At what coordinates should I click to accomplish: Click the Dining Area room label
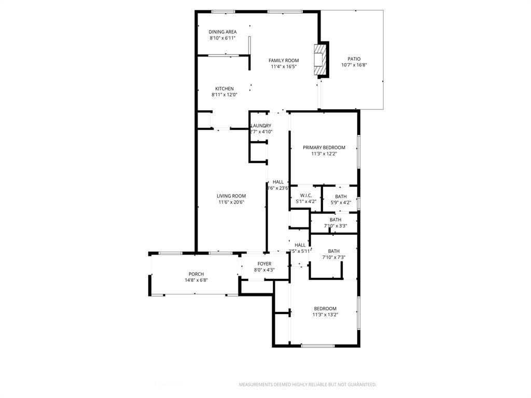point(222,32)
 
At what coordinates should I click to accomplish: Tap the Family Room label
point(284,61)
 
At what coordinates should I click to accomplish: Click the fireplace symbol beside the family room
point(321,60)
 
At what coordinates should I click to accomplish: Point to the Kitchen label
point(225,89)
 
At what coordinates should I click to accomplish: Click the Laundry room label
point(261,126)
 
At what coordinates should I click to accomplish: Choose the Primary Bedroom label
point(324,148)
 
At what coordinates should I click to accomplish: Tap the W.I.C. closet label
point(305,195)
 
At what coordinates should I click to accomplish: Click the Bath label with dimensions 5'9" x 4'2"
point(341,196)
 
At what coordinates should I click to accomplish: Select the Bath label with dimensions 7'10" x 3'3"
point(336,220)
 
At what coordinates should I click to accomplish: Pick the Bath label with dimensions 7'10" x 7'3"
point(334,251)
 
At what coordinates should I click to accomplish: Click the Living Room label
point(231,196)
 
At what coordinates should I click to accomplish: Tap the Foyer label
point(264,264)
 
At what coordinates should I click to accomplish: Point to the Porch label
point(196,274)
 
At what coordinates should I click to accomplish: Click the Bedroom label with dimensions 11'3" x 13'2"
point(325,308)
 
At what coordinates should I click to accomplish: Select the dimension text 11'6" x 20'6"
point(231,202)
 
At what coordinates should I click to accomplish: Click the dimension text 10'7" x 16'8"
point(354,65)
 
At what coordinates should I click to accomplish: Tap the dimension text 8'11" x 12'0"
point(225,95)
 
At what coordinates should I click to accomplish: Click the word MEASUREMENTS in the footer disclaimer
point(255,385)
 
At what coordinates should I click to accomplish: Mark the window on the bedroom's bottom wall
point(318,346)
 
